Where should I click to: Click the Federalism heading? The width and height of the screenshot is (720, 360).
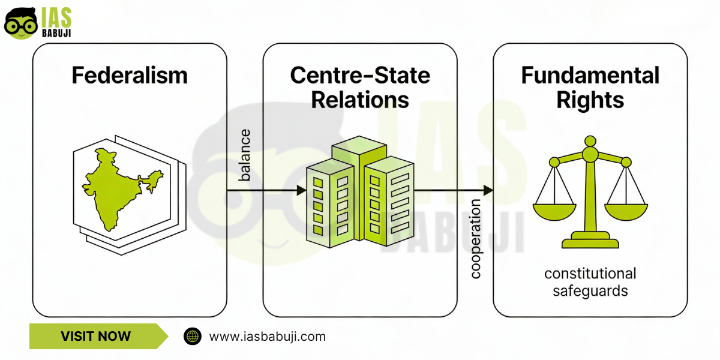[x=130, y=76]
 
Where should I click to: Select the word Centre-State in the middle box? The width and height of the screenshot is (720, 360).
[x=360, y=76]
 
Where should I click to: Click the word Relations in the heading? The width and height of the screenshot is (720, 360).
[x=360, y=100]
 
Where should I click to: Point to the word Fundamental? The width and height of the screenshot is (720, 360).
[x=590, y=76]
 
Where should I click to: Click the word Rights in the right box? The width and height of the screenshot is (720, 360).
[x=590, y=100]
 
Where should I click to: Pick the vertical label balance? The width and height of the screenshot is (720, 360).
[x=245, y=155]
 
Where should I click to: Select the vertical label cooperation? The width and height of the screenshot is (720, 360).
[x=476, y=239]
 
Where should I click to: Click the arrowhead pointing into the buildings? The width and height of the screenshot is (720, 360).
[x=301, y=190]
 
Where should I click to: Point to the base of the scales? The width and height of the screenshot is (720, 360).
[x=590, y=242]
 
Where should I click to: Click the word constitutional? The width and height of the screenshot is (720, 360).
[x=590, y=274]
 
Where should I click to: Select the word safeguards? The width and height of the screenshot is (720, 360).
[x=590, y=292]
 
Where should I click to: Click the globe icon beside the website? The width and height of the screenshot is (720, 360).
[x=193, y=336]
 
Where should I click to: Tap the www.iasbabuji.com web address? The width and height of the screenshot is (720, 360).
[x=267, y=336]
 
